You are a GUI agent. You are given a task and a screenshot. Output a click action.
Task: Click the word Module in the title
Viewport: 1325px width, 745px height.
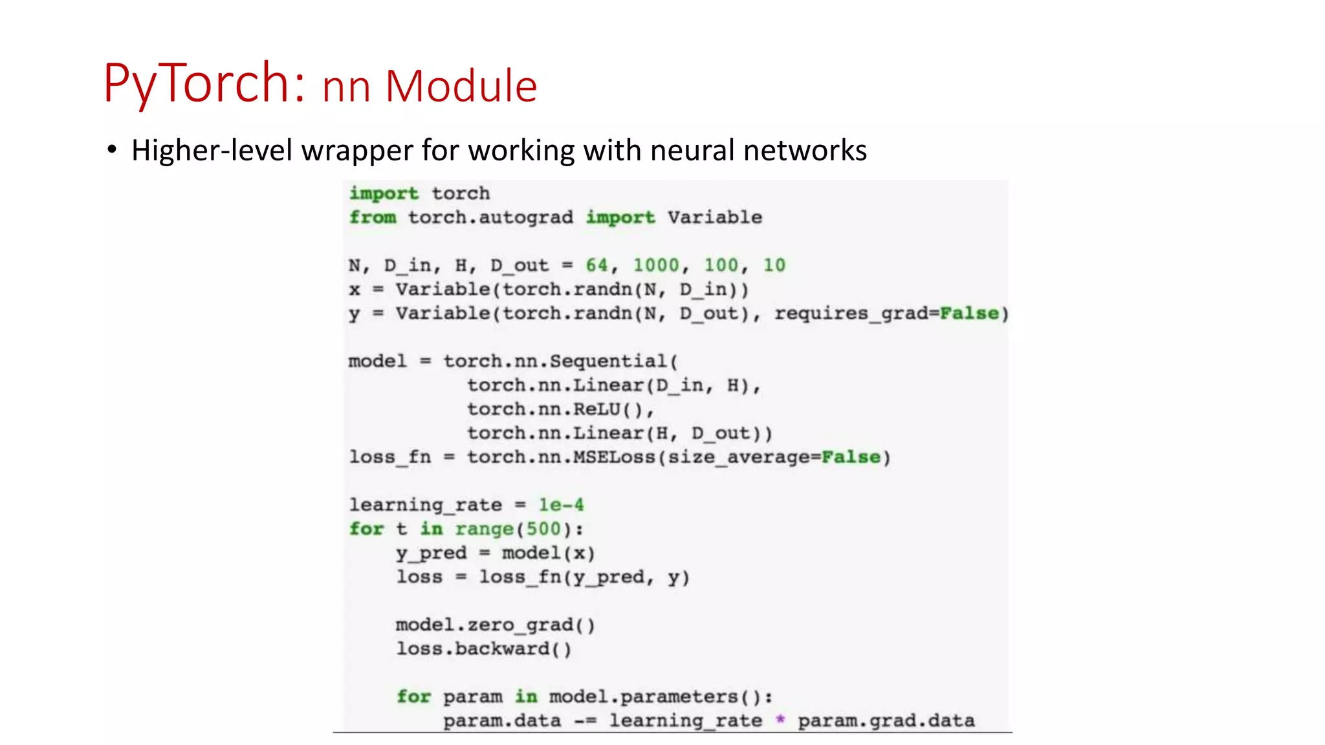(461, 87)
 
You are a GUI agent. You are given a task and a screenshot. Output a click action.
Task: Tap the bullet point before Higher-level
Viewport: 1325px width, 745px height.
(113, 150)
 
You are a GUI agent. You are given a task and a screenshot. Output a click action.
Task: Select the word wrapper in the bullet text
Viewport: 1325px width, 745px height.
(357, 151)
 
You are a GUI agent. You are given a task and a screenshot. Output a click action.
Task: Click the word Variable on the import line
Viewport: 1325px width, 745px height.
(714, 217)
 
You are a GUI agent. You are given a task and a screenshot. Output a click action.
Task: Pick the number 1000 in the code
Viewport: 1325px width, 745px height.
(655, 265)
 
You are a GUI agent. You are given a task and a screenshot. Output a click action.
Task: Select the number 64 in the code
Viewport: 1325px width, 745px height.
(596, 265)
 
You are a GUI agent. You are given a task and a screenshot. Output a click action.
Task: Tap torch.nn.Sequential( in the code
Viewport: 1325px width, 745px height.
(560, 361)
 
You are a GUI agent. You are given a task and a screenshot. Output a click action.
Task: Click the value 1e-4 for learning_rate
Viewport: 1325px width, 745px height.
(561, 505)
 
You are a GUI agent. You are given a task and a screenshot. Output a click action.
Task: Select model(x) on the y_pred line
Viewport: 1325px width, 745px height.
(548, 553)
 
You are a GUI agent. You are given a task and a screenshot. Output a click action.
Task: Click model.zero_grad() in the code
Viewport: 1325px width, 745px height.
(495, 625)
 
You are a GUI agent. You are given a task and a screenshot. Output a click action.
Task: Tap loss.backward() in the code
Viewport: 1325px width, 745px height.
(484, 649)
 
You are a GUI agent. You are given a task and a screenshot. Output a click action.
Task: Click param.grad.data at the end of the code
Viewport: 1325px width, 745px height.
(886, 720)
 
